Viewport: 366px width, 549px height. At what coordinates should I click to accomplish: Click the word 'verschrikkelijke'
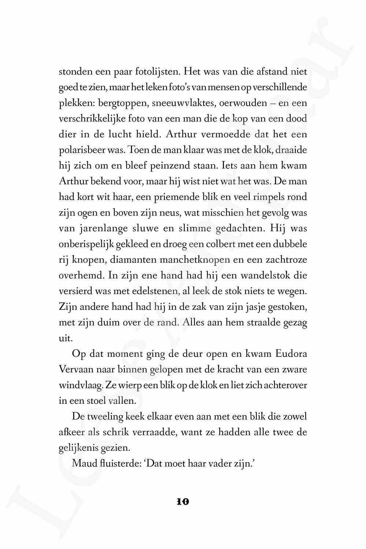pos(87,119)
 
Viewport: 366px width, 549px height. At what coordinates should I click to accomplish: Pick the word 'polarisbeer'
pos(78,150)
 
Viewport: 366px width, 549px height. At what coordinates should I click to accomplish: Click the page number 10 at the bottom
pos(183,501)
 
